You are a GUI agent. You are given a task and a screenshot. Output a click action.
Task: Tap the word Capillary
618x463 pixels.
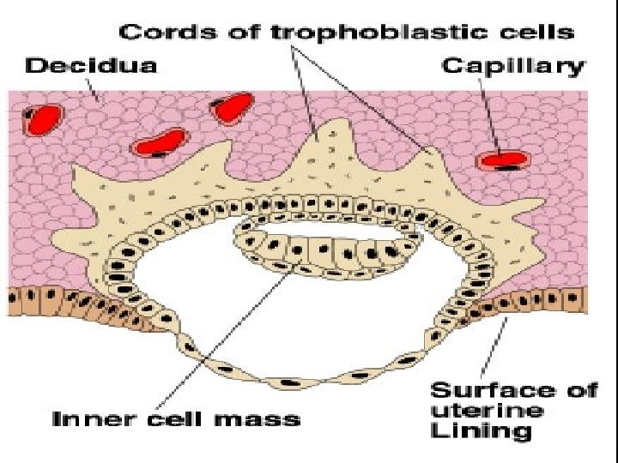click(512, 66)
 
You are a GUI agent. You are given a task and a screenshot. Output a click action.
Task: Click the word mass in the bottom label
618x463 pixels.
click(261, 419)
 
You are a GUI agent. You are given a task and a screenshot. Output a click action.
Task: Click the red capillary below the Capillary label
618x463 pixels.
click(501, 159)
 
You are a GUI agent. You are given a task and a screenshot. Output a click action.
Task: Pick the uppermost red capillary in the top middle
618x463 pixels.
click(232, 107)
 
